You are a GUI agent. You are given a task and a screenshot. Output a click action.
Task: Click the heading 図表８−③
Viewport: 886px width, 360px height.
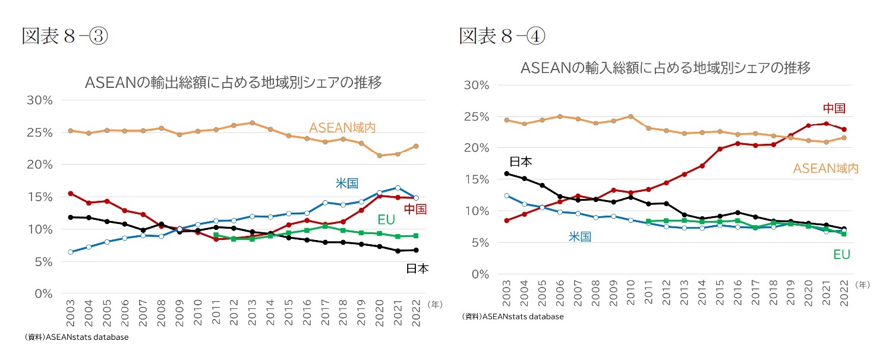(65, 36)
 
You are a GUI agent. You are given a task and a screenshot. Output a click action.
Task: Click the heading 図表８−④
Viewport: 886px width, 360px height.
(502, 36)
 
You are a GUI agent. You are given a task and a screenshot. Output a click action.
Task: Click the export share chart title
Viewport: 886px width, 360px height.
(233, 83)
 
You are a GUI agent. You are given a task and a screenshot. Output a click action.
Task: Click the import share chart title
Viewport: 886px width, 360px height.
(665, 67)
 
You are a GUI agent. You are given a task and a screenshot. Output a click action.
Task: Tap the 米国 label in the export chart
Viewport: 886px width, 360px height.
(347, 183)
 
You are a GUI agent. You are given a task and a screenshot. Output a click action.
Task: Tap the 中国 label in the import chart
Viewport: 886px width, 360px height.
(834, 108)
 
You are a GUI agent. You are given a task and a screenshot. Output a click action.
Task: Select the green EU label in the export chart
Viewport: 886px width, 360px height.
(386, 220)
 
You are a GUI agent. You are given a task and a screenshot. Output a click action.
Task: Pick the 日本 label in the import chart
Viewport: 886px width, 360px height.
(521, 161)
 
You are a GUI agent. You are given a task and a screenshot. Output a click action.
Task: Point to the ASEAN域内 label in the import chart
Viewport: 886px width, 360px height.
(826, 169)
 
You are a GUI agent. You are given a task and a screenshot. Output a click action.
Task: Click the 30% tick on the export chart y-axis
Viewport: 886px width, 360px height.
(40, 100)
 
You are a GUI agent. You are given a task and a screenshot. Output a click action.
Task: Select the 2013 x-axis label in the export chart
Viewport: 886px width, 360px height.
(251, 312)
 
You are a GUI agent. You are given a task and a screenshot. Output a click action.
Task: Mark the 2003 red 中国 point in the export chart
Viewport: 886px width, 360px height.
(71, 193)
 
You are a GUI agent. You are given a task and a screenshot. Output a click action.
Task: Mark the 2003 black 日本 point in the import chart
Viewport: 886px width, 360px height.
(506, 173)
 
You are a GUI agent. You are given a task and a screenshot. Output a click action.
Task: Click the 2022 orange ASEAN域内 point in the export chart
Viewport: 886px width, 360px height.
(417, 146)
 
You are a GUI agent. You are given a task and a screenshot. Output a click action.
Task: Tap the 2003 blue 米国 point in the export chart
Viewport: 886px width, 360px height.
(71, 252)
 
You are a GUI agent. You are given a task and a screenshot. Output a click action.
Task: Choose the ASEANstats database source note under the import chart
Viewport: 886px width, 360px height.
(512, 317)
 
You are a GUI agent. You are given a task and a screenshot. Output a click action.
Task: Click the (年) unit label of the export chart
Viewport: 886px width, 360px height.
(435, 304)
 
